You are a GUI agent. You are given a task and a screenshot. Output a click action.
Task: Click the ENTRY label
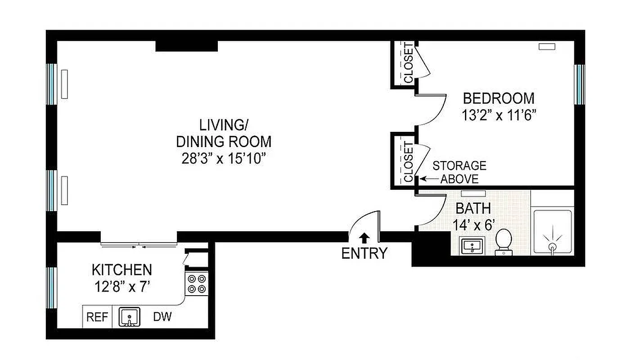click(x=364, y=254)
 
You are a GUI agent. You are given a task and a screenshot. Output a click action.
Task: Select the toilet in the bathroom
click(x=504, y=242)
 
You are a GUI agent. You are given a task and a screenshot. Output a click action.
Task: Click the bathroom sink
click(x=471, y=246)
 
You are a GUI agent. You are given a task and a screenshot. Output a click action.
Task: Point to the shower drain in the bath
click(x=552, y=246)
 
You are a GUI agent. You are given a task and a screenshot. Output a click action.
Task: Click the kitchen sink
click(x=130, y=317)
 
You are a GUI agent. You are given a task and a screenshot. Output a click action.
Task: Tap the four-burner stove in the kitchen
click(x=197, y=283)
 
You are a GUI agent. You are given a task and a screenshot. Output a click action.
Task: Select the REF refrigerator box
click(x=97, y=317)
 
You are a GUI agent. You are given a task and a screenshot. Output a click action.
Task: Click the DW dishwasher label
click(x=162, y=317)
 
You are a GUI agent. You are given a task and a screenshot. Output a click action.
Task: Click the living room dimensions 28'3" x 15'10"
click(x=224, y=158)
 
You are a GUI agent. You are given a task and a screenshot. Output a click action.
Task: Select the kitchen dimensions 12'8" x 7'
click(x=122, y=286)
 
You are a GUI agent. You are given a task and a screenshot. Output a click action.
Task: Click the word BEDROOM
click(x=499, y=98)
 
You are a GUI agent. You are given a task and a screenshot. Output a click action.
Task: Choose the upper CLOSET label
click(x=408, y=63)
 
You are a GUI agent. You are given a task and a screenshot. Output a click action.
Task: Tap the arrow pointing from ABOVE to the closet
click(x=429, y=179)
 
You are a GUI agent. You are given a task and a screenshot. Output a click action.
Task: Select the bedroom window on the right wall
click(x=579, y=84)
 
